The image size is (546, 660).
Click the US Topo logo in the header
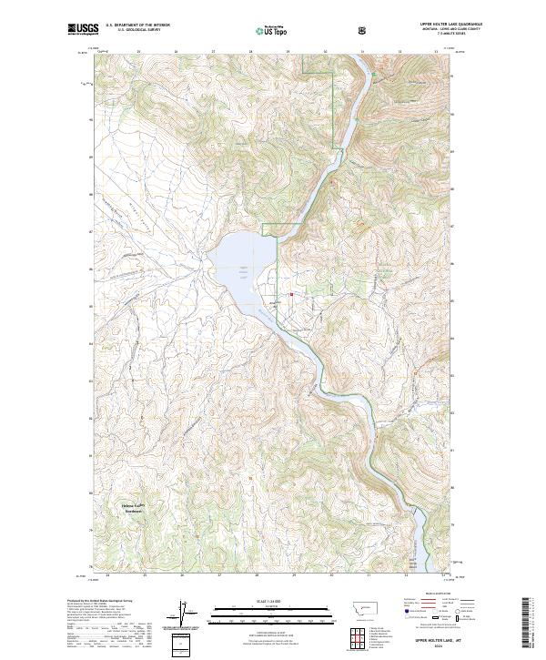pos(272,31)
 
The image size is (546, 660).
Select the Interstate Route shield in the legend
pos(407,618)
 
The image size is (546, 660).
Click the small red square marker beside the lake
pos(292,294)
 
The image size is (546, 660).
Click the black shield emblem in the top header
pos(362,31)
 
